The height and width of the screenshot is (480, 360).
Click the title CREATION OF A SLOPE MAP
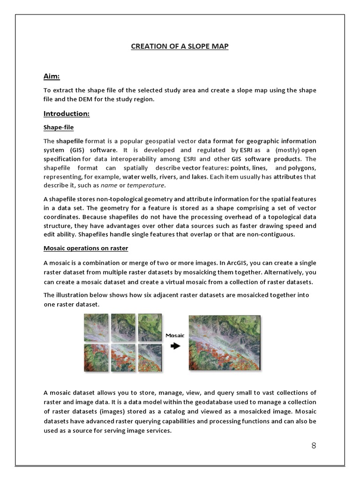[180, 46]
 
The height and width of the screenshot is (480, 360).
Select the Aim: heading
[52, 76]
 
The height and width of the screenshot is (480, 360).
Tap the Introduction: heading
[66, 113]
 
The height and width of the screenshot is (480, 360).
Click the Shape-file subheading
[58, 127]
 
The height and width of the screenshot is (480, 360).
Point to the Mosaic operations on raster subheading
[86, 248]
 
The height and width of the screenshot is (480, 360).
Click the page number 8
[314, 445]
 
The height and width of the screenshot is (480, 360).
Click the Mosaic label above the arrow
[175, 336]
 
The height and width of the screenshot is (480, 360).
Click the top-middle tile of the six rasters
[123, 327]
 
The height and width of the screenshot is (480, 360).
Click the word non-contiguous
[271, 234]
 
